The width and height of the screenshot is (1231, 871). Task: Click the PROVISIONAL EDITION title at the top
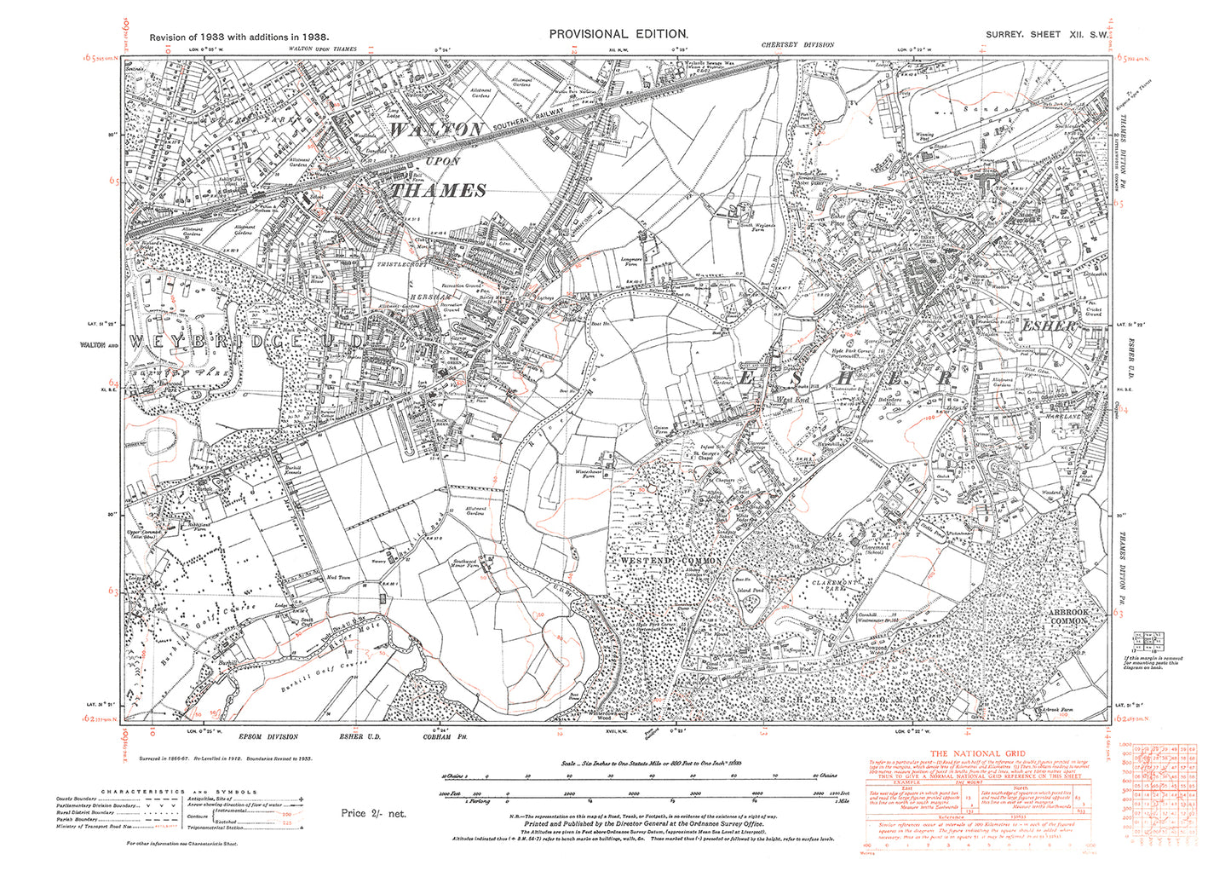[618, 33]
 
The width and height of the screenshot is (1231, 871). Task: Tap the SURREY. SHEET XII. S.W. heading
[1046, 34]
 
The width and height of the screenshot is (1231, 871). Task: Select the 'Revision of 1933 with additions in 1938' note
[239, 37]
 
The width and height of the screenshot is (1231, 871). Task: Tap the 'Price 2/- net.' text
[374, 813]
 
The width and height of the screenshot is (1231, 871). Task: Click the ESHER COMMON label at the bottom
[852, 699]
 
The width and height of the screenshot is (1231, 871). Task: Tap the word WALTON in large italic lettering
[437, 130]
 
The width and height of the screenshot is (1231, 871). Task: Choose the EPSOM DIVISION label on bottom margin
[271, 737]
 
